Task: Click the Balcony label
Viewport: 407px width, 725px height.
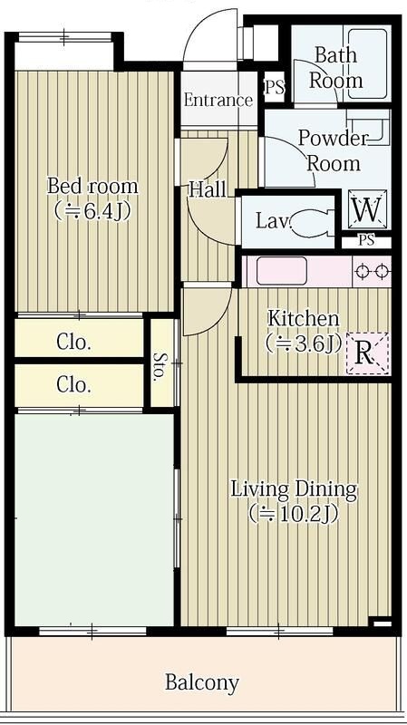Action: [202, 682]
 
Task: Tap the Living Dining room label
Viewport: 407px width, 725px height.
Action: [295, 489]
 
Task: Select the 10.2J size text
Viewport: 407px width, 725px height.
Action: [295, 513]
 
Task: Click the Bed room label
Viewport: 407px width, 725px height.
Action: [92, 187]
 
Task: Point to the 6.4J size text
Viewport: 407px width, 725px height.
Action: [92, 210]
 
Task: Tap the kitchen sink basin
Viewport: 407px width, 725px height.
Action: [282, 270]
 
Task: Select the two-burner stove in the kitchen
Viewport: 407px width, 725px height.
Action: [372, 271]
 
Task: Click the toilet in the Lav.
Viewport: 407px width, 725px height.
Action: [311, 221]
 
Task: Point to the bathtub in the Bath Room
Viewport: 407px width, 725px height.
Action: [368, 63]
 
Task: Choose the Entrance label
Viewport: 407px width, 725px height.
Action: [218, 101]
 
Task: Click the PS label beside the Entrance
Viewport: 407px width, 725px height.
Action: [275, 87]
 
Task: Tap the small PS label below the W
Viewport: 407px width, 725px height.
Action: [367, 240]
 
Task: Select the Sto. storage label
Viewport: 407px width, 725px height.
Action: [160, 366]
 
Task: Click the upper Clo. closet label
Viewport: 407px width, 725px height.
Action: [73, 343]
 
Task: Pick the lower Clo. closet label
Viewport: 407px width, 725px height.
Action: [73, 384]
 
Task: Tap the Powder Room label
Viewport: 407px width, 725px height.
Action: [333, 150]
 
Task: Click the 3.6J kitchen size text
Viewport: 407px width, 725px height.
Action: [303, 344]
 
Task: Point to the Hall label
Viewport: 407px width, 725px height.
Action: [208, 189]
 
